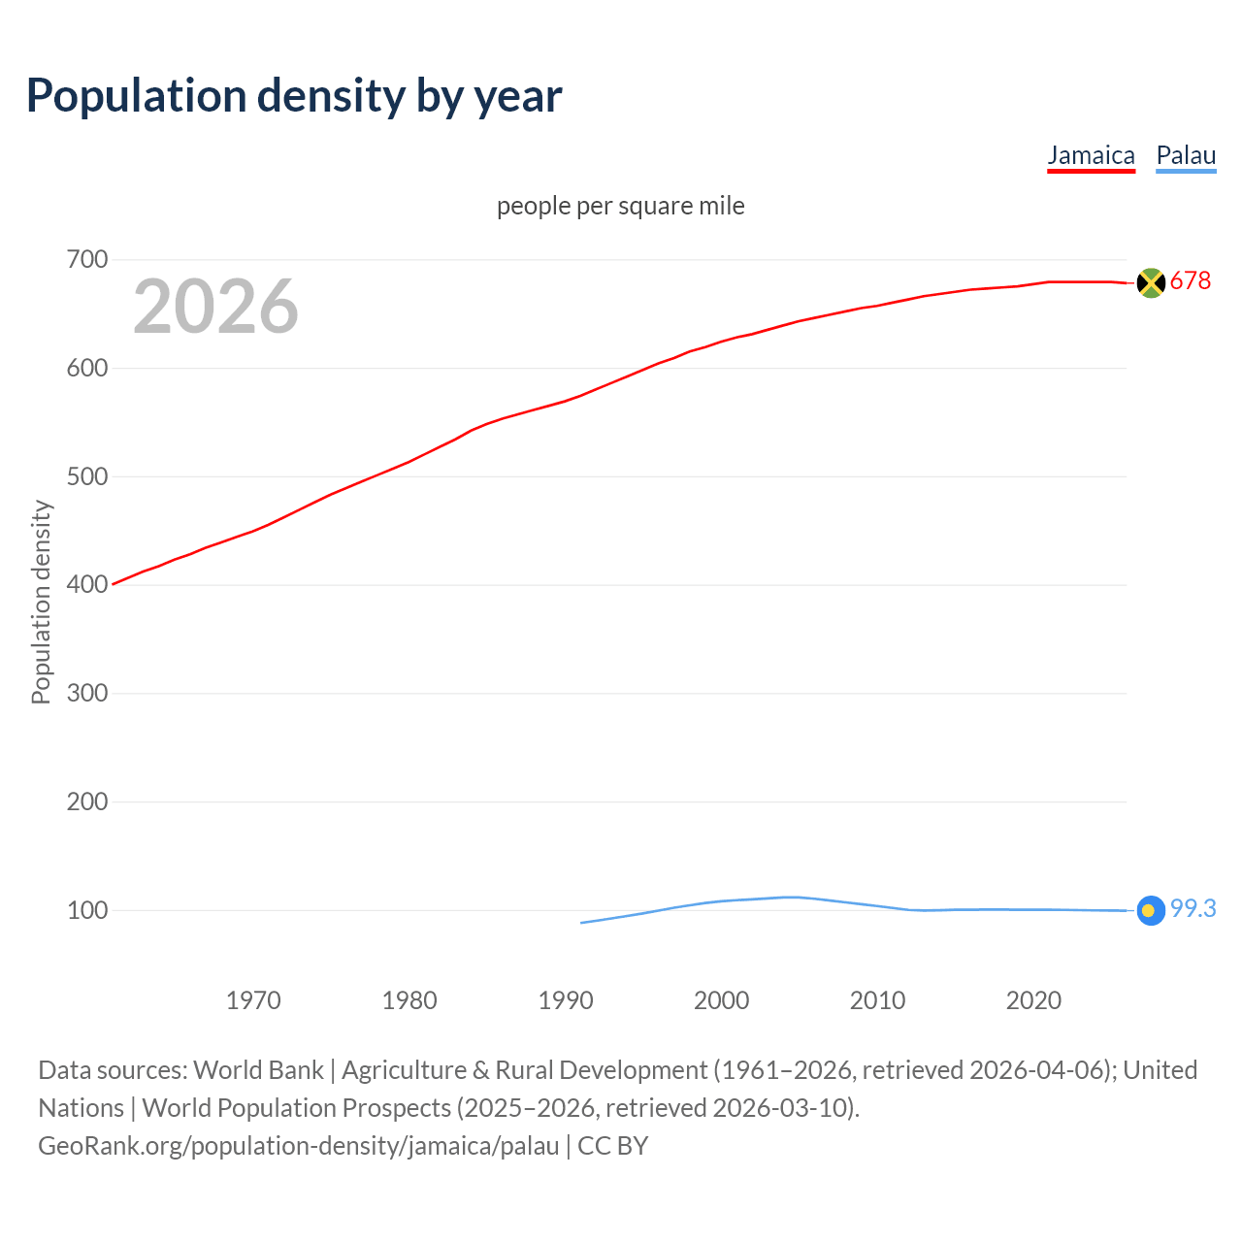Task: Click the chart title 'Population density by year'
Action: (x=294, y=96)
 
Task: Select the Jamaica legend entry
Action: (x=1091, y=155)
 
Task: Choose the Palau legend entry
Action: (x=1186, y=155)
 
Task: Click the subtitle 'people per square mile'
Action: (x=620, y=206)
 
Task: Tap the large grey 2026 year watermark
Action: (x=215, y=307)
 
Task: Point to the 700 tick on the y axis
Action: (x=87, y=259)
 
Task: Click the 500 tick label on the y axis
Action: (x=87, y=476)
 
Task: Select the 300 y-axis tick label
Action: (x=87, y=693)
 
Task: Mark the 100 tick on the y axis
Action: (x=87, y=910)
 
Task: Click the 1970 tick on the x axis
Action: (x=253, y=1000)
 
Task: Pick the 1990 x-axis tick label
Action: (x=566, y=1000)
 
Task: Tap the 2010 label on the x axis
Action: (x=877, y=1000)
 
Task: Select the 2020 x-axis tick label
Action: (x=1033, y=1000)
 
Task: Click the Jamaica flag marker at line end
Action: (x=1151, y=282)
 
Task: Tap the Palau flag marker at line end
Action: (x=1151, y=910)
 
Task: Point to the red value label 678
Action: (x=1191, y=281)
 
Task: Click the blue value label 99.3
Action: (x=1193, y=909)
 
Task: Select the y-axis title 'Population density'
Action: (x=41, y=602)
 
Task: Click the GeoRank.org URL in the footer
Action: (x=298, y=1146)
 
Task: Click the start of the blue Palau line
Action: (x=582, y=923)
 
